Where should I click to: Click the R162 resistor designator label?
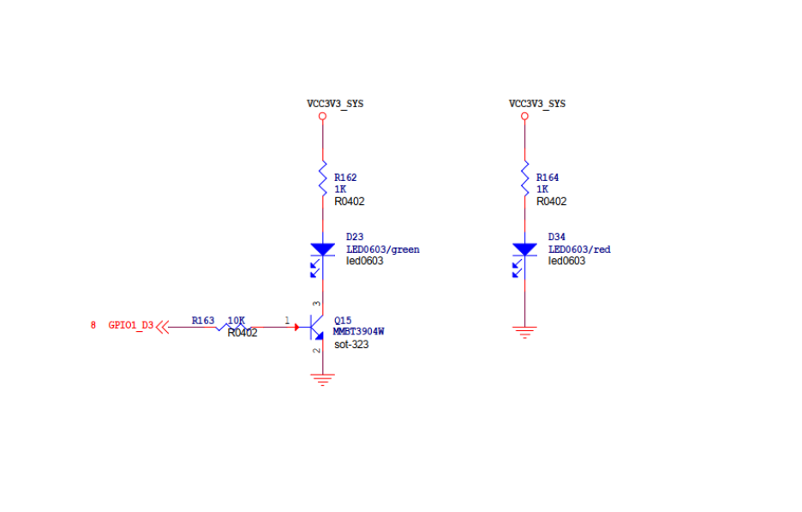pos(345,178)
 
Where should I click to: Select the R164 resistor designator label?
pos(548,178)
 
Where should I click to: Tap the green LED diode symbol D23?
pos(322,250)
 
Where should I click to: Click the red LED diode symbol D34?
pos(524,250)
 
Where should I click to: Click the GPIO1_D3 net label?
pos(131,325)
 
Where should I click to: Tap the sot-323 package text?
pos(351,344)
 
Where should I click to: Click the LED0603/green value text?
pos(382,250)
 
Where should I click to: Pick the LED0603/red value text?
pos(579,250)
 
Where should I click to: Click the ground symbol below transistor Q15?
pos(322,379)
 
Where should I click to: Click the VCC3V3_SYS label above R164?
pos(537,104)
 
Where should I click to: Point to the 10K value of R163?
pos(236,320)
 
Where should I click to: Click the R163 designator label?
pos(203,320)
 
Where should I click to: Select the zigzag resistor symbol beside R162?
pos(322,178)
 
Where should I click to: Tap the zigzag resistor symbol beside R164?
pos(524,178)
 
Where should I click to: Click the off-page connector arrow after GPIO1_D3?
pos(162,326)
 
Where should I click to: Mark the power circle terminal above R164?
pos(524,116)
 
